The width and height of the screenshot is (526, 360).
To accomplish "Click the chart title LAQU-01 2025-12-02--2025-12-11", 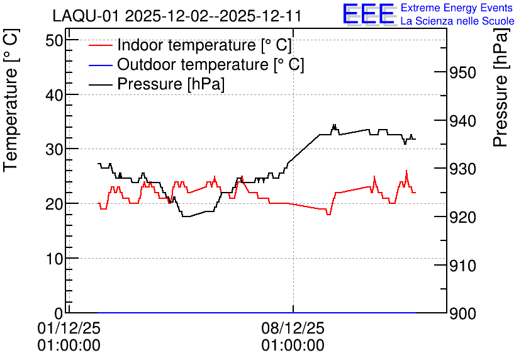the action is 177,16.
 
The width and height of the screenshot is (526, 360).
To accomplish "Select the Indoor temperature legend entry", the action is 191,45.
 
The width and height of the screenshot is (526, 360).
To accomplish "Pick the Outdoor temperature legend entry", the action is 196,64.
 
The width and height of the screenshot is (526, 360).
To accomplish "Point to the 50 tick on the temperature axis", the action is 54,41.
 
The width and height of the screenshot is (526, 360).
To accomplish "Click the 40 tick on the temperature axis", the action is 54,95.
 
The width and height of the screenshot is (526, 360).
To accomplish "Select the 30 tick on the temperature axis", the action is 54,150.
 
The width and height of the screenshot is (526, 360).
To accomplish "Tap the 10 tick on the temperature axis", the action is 54,259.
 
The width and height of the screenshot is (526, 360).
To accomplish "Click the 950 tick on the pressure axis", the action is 462,73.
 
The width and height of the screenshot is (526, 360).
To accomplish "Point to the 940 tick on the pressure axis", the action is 462,121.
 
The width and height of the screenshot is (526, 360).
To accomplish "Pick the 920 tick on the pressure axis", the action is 462,217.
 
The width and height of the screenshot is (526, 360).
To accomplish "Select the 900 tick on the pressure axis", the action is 462,313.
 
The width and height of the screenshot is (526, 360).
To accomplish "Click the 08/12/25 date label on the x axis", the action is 293,328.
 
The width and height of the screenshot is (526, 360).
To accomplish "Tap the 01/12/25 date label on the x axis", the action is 69,328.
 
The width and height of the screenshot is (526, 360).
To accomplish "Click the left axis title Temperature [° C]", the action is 11,101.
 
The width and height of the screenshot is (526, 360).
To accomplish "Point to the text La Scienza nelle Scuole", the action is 457,21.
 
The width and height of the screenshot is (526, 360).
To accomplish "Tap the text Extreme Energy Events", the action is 457,8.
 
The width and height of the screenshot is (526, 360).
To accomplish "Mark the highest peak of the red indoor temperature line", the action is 406,171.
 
